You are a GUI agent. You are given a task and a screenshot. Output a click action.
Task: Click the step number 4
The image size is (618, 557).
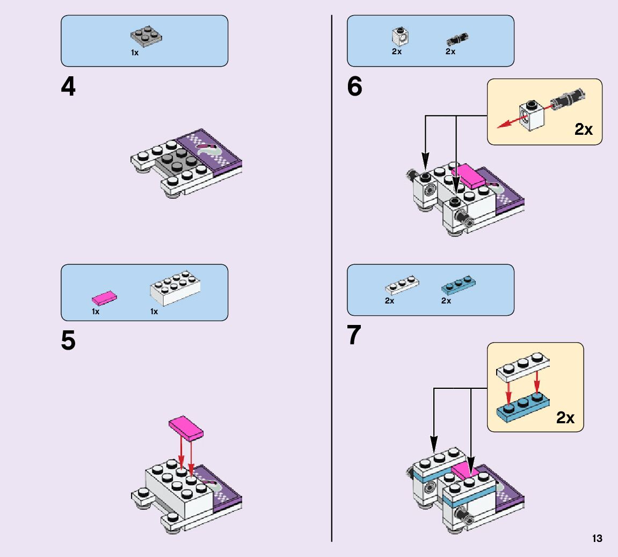(x=68, y=87)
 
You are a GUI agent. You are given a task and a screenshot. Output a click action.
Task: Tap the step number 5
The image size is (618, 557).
(x=68, y=341)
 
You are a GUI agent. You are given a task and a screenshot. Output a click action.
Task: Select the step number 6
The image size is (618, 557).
(x=355, y=87)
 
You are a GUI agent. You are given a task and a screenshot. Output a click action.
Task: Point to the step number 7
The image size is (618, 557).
(x=354, y=336)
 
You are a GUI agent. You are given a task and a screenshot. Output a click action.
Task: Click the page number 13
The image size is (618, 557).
(x=597, y=539)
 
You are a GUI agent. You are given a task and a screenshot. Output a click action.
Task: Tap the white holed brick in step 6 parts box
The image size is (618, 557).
(x=400, y=36)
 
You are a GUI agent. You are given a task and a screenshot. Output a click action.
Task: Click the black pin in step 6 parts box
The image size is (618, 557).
(x=457, y=39)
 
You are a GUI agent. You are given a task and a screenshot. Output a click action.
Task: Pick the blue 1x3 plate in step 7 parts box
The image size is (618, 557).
(x=459, y=285)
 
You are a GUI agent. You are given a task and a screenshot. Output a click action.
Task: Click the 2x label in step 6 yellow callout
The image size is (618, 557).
(x=583, y=129)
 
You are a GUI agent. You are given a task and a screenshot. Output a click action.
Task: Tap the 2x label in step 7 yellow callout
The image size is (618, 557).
(x=565, y=418)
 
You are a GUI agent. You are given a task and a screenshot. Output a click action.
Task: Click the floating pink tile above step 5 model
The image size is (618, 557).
(x=186, y=427)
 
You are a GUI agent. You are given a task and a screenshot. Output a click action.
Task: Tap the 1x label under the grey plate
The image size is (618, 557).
(x=135, y=53)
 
